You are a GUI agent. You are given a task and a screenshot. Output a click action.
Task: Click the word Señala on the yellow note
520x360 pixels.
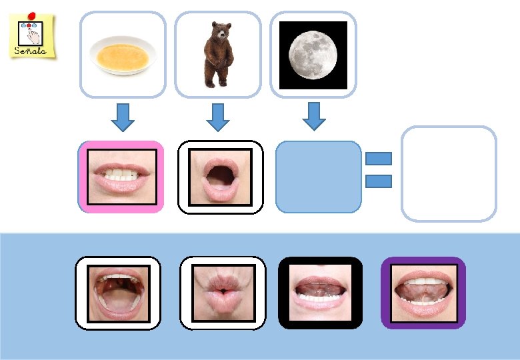tap(31, 51)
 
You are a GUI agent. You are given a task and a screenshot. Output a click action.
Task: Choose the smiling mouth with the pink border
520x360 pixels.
tap(121, 177)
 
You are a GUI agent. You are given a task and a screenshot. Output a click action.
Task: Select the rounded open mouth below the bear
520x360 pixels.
tap(221, 177)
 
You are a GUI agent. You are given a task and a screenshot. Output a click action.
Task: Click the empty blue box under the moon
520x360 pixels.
tap(318, 177)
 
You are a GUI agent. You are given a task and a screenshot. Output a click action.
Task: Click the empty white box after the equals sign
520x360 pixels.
tap(449, 174)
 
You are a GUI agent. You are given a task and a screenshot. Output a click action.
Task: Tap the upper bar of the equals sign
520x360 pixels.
tap(379, 159)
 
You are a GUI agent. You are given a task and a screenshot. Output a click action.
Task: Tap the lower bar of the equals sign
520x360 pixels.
tap(379, 181)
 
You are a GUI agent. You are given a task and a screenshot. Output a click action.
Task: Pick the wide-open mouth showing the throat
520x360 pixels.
tap(118, 293)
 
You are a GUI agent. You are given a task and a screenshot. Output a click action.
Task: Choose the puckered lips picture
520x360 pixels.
tap(223, 293)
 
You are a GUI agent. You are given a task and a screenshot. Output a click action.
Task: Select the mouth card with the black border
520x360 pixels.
tap(321, 293)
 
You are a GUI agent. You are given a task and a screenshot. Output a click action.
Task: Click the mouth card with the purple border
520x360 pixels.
tap(423, 293)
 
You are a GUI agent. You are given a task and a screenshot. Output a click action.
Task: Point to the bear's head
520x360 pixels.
tap(220, 31)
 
